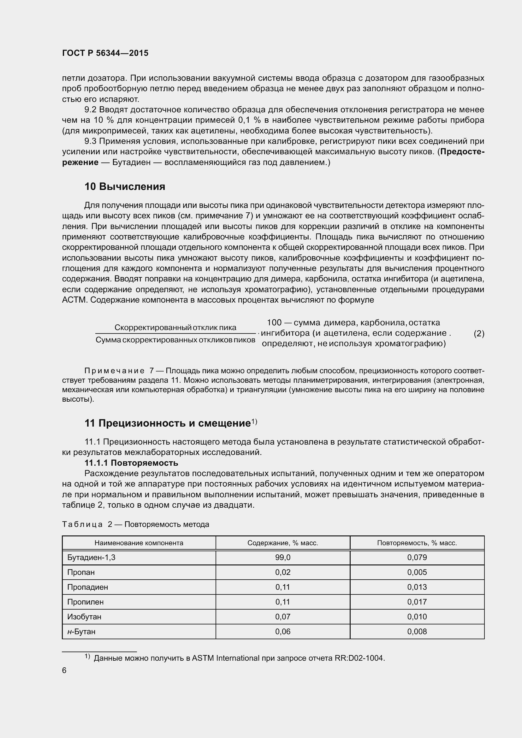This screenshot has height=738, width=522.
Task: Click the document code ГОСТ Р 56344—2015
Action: pyautogui.click(x=105, y=53)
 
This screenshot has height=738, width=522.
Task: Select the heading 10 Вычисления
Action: pyautogui.click(x=125, y=186)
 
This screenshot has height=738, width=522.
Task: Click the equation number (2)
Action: pyautogui.click(x=479, y=334)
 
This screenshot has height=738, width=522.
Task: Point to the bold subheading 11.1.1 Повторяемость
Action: pyautogui.click(x=131, y=463)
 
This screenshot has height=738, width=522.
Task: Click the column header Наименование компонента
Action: pyautogui.click(x=139, y=543)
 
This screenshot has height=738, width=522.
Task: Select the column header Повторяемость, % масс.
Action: pyautogui.click(x=417, y=543)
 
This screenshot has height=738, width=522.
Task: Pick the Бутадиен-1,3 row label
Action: pyautogui.click(x=91, y=557)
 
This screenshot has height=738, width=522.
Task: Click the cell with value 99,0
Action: pyautogui.click(x=282, y=557)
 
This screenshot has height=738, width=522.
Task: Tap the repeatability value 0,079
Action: pyautogui.click(x=417, y=557)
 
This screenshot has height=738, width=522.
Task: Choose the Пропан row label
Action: pyautogui.click(x=81, y=572)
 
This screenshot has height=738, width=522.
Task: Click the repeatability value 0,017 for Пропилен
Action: pyautogui.click(x=417, y=602)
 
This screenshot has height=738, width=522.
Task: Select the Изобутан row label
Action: pyautogui.click(x=84, y=617)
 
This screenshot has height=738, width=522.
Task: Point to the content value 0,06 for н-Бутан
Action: pyautogui.click(x=282, y=631)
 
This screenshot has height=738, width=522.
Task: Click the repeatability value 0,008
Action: pyautogui.click(x=417, y=631)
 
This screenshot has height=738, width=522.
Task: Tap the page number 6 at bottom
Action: pyautogui.click(x=64, y=670)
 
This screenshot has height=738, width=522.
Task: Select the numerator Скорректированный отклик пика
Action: pyautogui.click(x=175, y=328)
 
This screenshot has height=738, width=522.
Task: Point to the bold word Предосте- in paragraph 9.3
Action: pyautogui.click(x=462, y=152)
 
